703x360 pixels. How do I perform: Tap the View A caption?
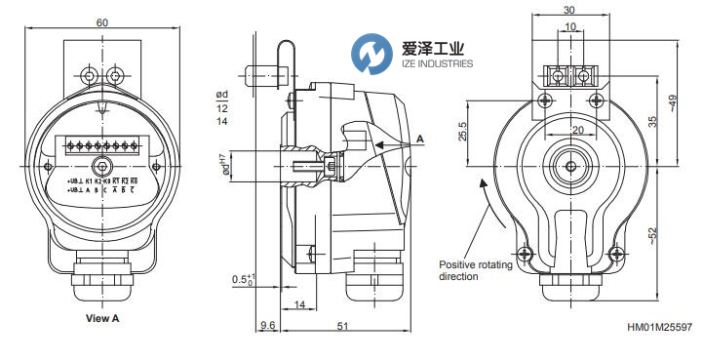[103, 318]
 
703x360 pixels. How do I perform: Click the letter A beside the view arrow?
[419, 140]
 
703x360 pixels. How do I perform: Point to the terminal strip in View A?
[102, 147]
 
